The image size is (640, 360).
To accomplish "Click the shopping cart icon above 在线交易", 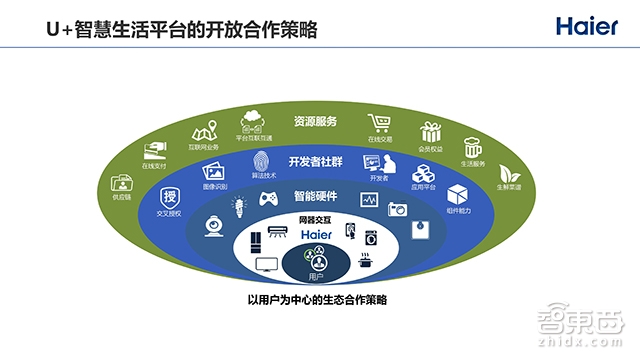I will (x=379, y=123).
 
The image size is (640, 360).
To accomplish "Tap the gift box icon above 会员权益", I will (x=431, y=132).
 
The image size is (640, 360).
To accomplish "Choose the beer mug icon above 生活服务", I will (x=472, y=147).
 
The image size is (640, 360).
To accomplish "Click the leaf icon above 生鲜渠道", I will (x=509, y=169).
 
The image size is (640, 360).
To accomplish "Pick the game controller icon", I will (x=268, y=198).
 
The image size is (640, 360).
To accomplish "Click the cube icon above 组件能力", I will (x=457, y=194).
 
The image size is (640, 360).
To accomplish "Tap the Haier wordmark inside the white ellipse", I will (x=316, y=232).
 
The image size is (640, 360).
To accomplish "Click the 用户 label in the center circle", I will (x=315, y=276).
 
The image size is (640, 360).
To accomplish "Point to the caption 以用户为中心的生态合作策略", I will (x=316, y=300).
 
